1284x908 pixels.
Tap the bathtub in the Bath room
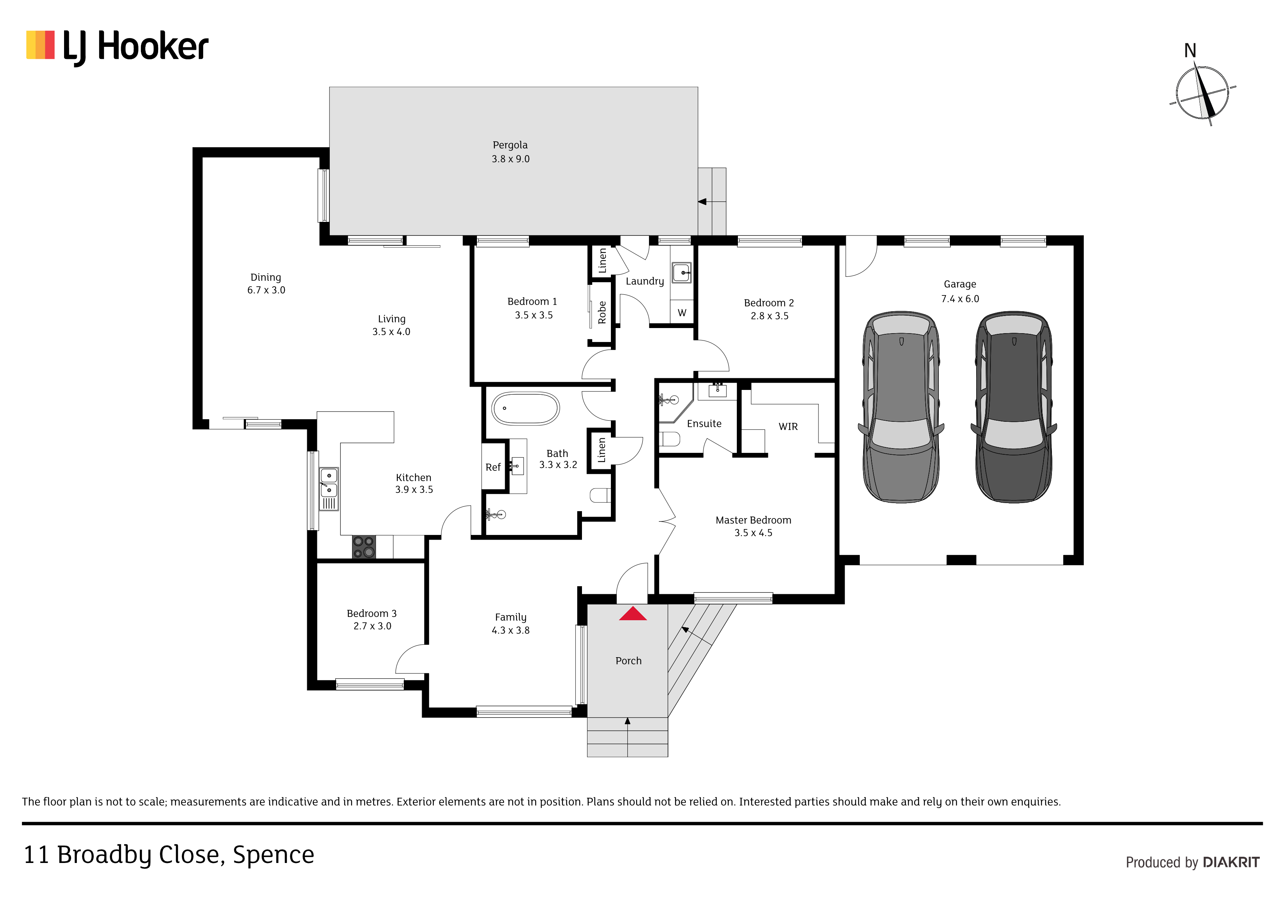pos(525,408)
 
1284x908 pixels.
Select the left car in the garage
pos(901,407)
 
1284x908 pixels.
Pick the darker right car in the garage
pos(1014,407)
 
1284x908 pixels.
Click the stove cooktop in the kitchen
pos(363,547)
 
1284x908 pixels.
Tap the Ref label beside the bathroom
pos(493,467)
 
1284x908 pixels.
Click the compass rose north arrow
pos(1203,93)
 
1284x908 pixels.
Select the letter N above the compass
pos(1190,51)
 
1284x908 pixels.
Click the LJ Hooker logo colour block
pos(40,45)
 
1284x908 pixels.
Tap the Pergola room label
pos(510,145)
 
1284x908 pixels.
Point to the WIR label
pos(788,426)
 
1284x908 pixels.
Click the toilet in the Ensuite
pos(669,439)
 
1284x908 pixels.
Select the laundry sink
pos(681,273)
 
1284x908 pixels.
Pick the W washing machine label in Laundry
pos(682,313)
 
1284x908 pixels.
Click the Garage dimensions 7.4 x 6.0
pos(960,299)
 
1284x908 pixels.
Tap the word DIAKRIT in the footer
pos(1231,862)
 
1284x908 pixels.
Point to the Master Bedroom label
pos(753,520)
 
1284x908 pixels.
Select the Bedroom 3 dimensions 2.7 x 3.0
pos(373,626)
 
